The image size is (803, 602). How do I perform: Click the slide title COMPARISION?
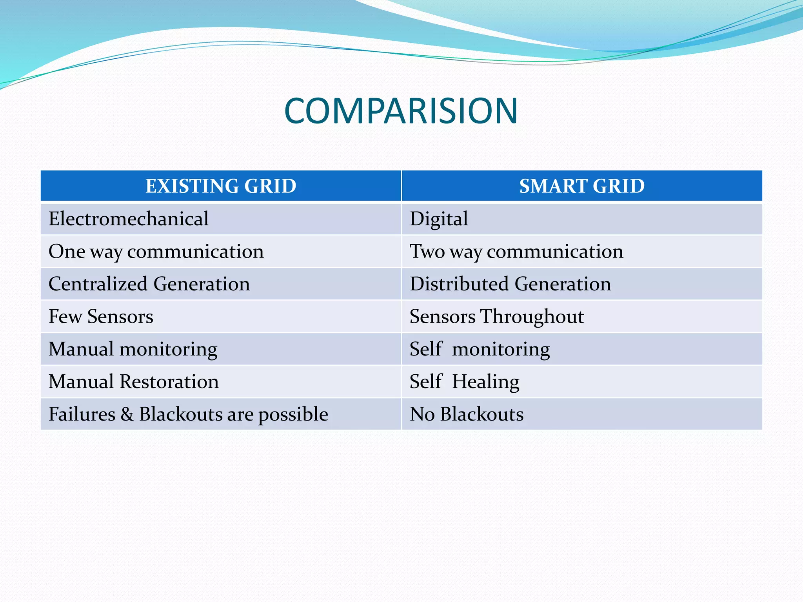(401, 111)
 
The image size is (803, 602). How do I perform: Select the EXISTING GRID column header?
(221, 186)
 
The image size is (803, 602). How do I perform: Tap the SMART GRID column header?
(582, 186)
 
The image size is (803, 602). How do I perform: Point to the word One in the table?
(67, 251)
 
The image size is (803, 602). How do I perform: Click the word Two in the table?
(427, 251)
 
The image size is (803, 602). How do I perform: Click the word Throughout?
(532, 317)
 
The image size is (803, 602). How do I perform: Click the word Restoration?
(169, 382)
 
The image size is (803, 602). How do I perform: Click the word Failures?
(82, 414)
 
